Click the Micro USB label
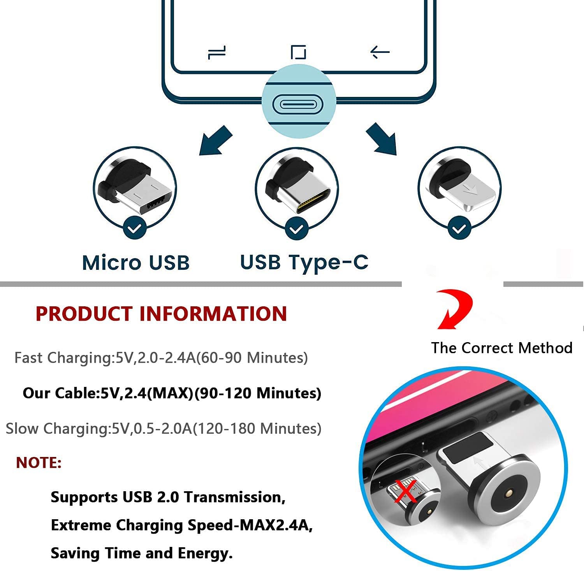[x=136, y=263]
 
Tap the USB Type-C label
[x=304, y=263]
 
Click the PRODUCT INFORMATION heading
[x=161, y=314]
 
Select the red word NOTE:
[x=39, y=463]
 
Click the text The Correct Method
[x=501, y=348]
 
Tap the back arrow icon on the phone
[x=380, y=52]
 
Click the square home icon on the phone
[x=298, y=52]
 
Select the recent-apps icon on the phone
[x=217, y=52]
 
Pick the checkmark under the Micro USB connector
[x=135, y=228]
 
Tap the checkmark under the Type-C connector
[x=297, y=228]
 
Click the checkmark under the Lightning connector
[x=459, y=228]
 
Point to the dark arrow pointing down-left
[x=215, y=141]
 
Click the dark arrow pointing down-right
[x=382, y=139]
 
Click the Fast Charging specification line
[x=161, y=358]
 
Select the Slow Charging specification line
[x=164, y=429]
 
